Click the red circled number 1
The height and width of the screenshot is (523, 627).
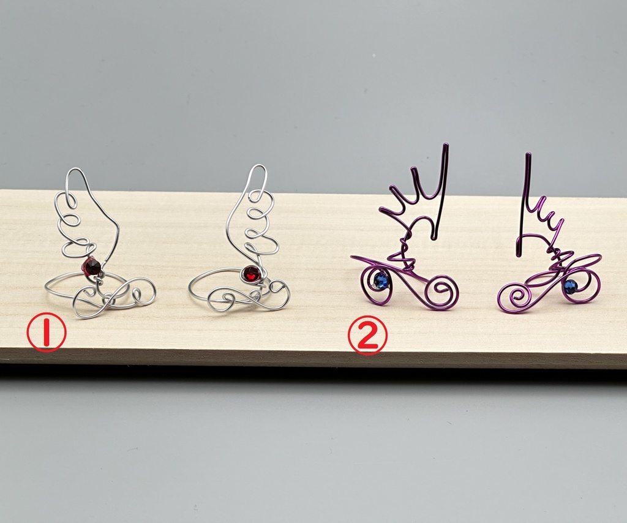[47, 332]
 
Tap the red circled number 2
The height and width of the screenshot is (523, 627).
[367, 336]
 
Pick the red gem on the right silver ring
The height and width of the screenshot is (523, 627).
[252, 274]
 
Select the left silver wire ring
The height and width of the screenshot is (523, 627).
[92, 256]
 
